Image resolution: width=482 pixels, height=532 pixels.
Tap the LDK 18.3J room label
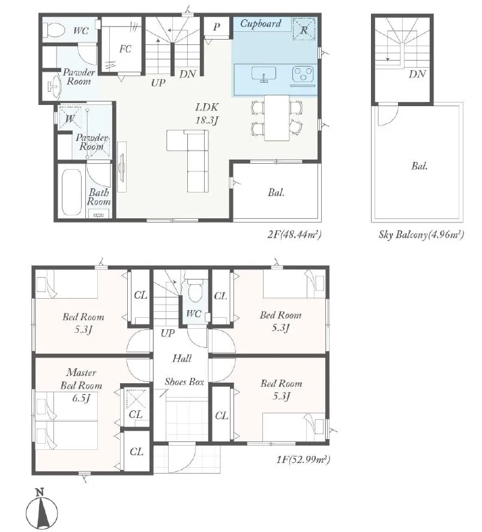pos(206,113)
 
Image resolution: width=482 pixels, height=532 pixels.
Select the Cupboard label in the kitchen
pos(261,23)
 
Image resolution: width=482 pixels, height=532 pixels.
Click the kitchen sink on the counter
pos(264,74)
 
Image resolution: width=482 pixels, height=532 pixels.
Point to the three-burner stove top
pos(303,74)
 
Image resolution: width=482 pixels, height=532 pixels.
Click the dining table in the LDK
pos(277,118)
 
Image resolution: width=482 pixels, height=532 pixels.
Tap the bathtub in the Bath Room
pos(71,192)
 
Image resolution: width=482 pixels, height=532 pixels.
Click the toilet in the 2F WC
pos(54,30)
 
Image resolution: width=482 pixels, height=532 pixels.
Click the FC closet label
pos(125,49)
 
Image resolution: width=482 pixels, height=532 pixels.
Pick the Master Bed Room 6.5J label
pos(81,385)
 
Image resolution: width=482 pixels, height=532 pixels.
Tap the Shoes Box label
pos(184,382)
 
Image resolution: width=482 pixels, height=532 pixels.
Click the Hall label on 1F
pos(182,358)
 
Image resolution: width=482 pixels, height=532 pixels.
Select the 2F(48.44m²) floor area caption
pos(294,235)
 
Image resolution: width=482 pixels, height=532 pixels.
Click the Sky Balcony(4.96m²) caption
pos(421,235)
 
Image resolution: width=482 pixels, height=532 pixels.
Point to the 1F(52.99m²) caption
pos(303,460)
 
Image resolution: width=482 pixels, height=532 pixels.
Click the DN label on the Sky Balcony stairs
pos(417,74)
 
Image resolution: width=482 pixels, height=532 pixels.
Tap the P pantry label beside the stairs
pos(217,27)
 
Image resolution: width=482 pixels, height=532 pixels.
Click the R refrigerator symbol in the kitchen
pos(304,29)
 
